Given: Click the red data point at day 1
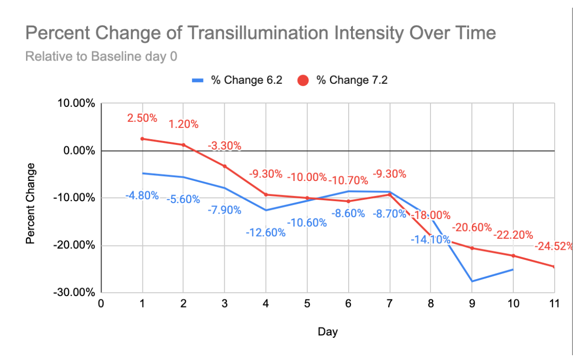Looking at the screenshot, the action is [x=142, y=139].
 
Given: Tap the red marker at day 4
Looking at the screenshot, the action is [x=266, y=194].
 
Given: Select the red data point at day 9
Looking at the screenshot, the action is [x=472, y=248].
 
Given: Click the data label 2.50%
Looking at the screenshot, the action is [x=142, y=118].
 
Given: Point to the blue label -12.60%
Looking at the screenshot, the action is [x=266, y=232].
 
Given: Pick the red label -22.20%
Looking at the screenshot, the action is [x=513, y=235].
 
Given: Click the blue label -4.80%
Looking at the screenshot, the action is [x=142, y=195].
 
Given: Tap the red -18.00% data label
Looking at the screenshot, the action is [x=431, y=215].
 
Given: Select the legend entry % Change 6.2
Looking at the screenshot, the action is [x=237, y=80].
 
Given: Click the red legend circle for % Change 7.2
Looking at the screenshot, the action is [x=303, y=80].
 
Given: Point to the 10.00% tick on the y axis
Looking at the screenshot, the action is [x=76, y=103].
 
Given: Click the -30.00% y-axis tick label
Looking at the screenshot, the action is [x=74, y=292].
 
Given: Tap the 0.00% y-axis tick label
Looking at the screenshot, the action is [x=79, y=151].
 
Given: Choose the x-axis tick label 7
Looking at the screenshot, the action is [x=390, y=303].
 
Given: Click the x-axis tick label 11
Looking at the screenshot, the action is [x=554, y=303].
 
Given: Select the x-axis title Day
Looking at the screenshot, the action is [x=328, y=332].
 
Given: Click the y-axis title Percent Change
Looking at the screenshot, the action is [x=30, y=204].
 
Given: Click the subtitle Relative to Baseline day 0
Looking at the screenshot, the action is [x=101, y=56].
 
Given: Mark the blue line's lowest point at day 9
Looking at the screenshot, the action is [x=472, y=281].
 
